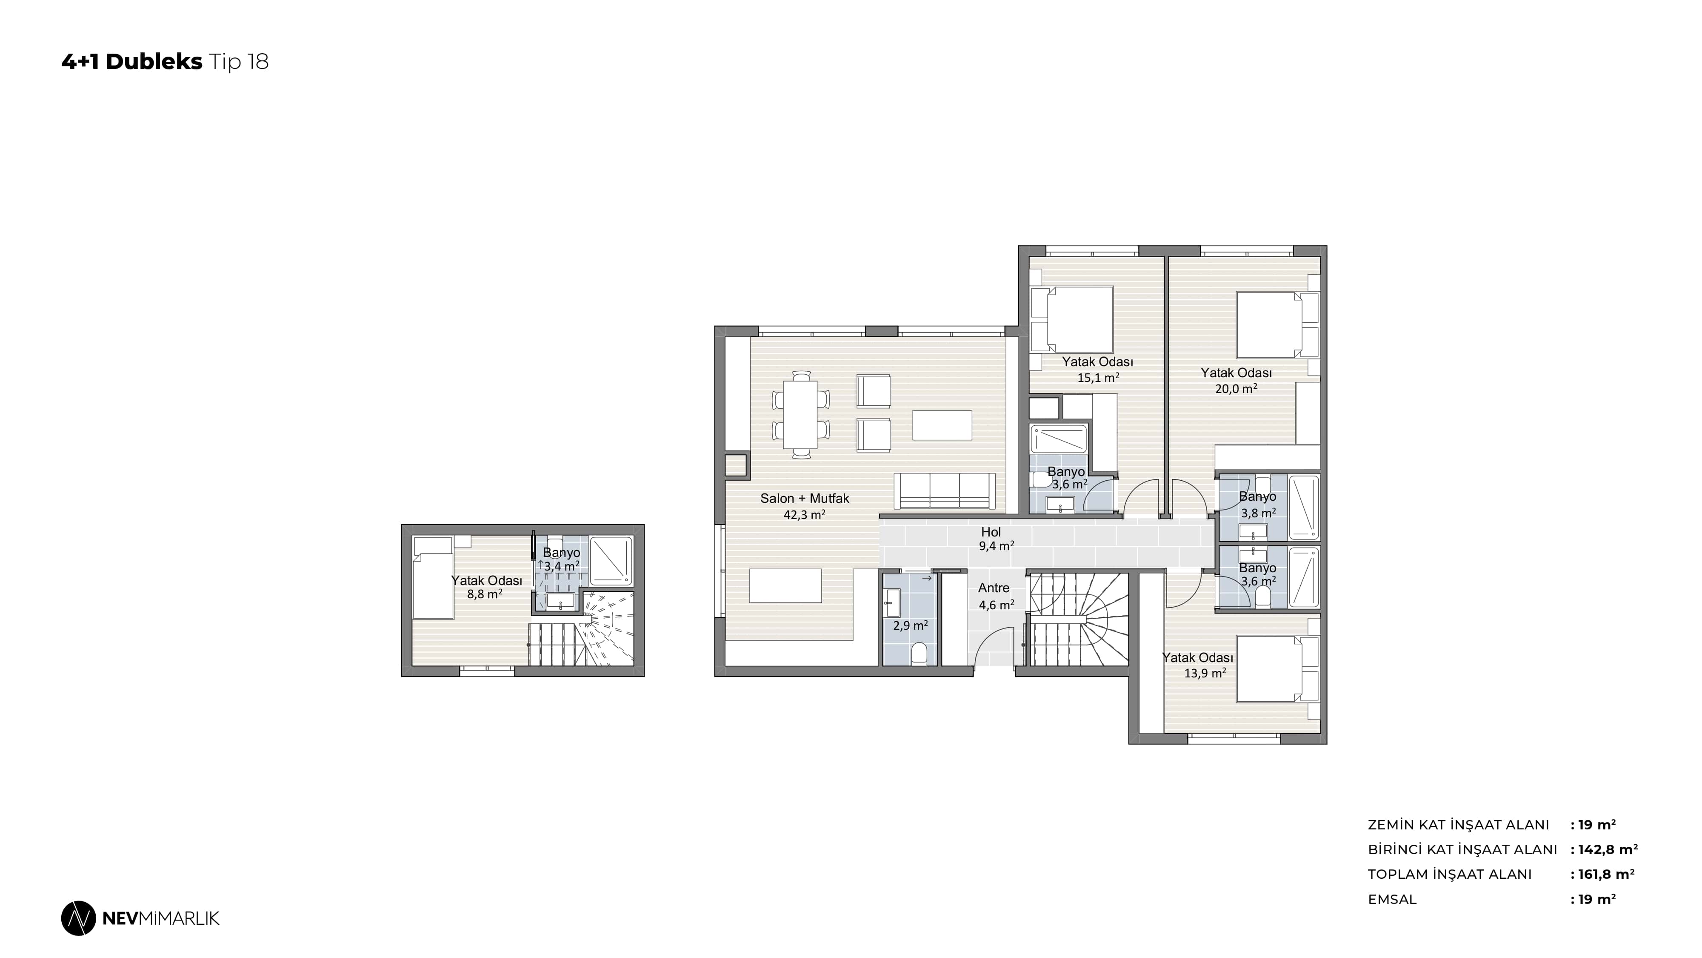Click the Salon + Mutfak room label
[804, 499]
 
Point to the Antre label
[994, 588]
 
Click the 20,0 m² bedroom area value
[1236, 389]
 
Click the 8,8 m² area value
[485, 594]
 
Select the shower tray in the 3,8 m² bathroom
[1304, 507]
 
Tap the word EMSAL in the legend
[1392, 899]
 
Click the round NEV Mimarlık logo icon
[79, 918]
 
